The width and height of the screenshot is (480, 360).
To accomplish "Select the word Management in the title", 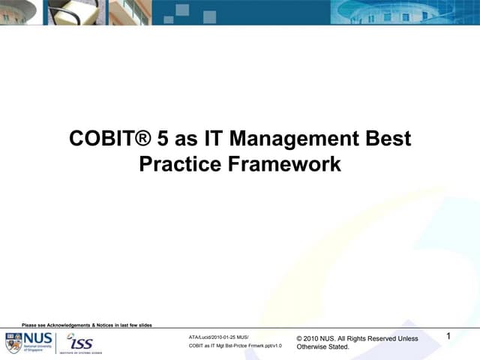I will (300, 139).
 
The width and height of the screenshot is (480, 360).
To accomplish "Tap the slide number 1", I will (448, 337).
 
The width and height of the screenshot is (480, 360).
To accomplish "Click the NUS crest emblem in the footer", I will (13, 342).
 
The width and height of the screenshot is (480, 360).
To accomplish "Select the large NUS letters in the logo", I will (37, 337).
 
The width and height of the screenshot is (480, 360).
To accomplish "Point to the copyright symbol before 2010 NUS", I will (300, 339).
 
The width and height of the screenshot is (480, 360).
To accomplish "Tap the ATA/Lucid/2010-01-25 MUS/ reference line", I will (218, 337).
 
